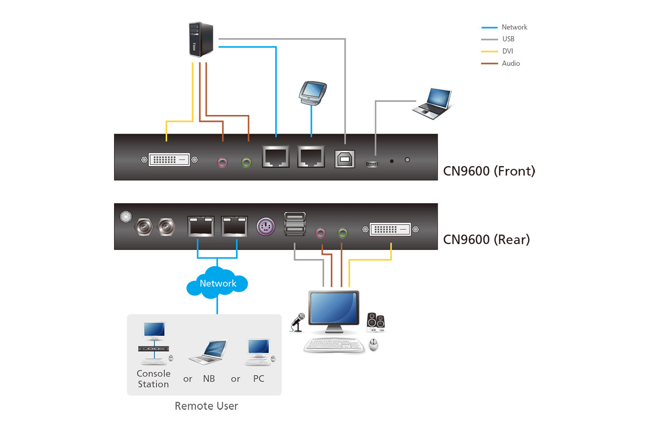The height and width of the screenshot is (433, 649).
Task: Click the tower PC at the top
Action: (201, 39)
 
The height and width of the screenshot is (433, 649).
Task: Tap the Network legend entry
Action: (514, 27)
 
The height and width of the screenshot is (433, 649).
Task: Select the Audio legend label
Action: (510, 64)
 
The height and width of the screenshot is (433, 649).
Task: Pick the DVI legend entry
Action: (507, 52)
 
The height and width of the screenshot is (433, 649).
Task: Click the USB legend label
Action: (508, 39)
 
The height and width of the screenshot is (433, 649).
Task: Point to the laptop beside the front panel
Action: (433, 103)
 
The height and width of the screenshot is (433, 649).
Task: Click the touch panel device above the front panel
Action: (312, 92)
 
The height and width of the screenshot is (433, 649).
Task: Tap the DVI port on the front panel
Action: (169, 160)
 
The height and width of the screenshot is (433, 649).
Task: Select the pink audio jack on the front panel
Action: (223, 162)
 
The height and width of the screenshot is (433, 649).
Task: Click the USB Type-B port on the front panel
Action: (345, 159)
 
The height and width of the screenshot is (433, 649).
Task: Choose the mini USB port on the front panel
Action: (372, 164)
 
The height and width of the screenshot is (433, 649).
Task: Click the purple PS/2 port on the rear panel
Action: (266, 227)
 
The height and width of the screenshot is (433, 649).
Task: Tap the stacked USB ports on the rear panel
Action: (295, 224)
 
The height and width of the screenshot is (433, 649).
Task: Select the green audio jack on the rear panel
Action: (343, 233)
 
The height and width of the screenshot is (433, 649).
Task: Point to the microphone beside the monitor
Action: (298, 322)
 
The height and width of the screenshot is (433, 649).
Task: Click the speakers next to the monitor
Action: (375, 322)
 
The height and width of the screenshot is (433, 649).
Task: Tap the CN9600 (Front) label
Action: (489, 171)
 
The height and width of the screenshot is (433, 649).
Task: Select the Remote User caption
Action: (206, 406)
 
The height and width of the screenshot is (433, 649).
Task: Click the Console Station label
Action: (153, 379)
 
